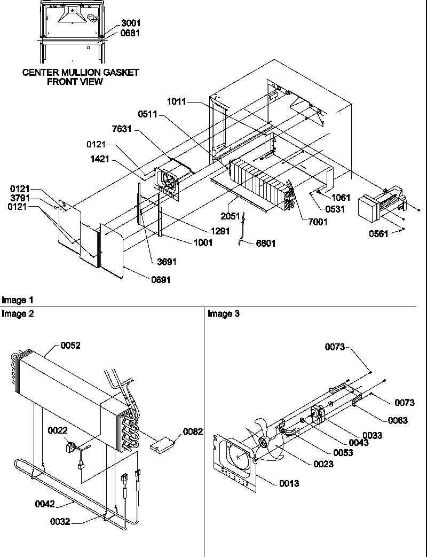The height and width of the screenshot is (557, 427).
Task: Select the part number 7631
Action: coord(123,130)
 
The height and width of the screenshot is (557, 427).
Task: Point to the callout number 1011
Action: coord(177,101)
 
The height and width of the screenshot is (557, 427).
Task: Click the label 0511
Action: coord(148,113)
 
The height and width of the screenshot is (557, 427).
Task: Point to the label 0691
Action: coord(160,279)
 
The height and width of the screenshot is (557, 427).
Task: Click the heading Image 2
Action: coord(18,314)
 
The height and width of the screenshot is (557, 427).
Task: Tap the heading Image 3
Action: coord(224,314)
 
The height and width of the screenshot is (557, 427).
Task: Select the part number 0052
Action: coord(70,346)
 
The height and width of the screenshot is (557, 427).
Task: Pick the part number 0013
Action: coord(289,484)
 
